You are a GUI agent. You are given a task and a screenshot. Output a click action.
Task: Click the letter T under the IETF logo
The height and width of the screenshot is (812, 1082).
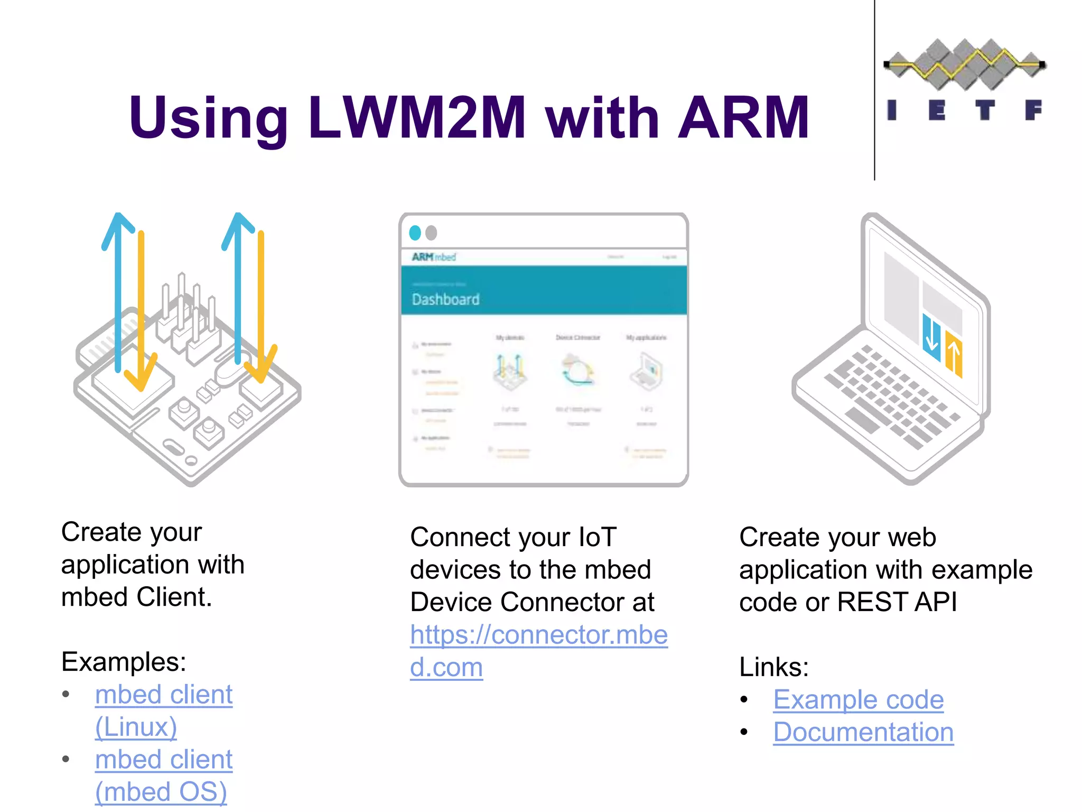pos(985,110)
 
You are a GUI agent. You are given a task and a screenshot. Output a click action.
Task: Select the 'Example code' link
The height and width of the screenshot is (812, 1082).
pos(858,700)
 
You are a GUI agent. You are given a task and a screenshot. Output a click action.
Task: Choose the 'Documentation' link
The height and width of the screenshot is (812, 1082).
pos(863,732)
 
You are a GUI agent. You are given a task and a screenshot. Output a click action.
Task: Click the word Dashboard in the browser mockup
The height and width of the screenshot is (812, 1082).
pos(445,300)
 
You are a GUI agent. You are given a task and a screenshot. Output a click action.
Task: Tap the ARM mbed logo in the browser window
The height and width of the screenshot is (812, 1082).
pos(433,257)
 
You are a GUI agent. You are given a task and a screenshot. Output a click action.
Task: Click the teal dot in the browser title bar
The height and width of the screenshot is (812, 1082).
pos(415,233)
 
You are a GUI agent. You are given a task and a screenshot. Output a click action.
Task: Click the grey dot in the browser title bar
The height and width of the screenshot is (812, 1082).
pos(431,233)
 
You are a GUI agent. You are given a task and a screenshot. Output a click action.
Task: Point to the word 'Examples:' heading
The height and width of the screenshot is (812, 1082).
pos(124,662)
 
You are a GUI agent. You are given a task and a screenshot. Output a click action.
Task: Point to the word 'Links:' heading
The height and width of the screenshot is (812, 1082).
pos(773,667)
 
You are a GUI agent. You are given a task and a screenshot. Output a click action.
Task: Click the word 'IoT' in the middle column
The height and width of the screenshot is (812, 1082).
pos(598,537)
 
